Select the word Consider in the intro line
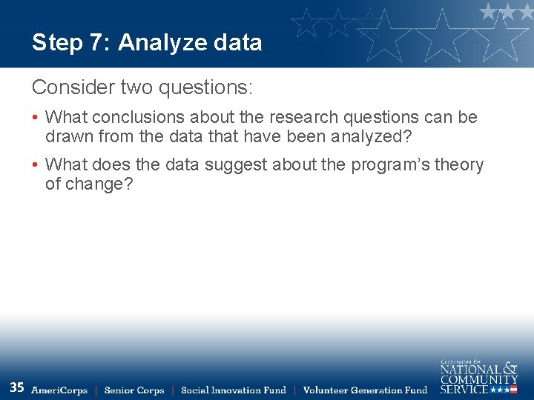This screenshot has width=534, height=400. click(x=68, y=88)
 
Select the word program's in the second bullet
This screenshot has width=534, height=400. click(x=378, y=164)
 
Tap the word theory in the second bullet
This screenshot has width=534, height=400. click(x=458, y=164)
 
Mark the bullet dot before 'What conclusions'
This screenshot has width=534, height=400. click(x=36, y=118)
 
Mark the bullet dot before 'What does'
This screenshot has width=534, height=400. click(x=36, y=165)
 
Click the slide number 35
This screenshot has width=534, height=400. click(x=17, y=387)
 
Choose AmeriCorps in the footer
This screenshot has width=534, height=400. click(x=59, y=390)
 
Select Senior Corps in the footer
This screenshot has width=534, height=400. click(x=134, y=390)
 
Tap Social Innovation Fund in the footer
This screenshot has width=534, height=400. click(x=234, y=390)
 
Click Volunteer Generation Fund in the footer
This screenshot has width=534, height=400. click(x=366, y=390)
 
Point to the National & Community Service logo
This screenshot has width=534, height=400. click(x=478, y=376)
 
